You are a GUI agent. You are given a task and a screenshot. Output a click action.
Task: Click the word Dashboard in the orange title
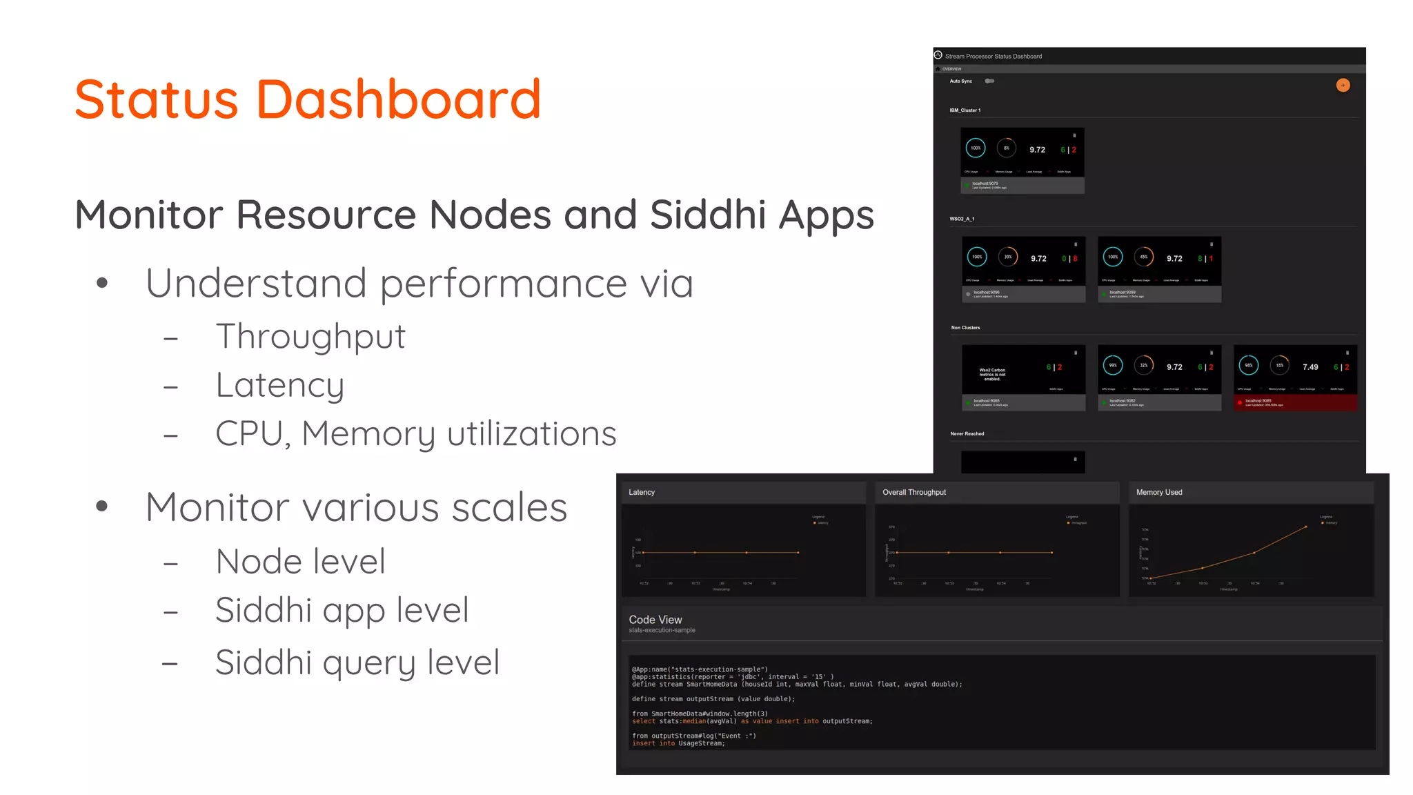pos(398,99)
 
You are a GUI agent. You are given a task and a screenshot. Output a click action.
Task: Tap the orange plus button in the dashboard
pos(1343,86)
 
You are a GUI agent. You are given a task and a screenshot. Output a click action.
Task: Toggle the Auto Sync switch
pos(989,81)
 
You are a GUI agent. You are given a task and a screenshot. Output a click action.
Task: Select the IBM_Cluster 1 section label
pos(965,110)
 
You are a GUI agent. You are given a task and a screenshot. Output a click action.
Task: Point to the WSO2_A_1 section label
pos(962,219)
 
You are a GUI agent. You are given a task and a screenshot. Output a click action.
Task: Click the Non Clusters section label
pos(965,328)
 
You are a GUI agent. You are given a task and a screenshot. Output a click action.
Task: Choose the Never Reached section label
pos(967,434)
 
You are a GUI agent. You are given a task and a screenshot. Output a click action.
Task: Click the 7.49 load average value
pos(1310,367)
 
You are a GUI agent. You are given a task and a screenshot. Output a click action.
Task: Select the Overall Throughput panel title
pos(914,493)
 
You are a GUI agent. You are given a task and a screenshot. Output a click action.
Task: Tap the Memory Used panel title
pos(1159,493)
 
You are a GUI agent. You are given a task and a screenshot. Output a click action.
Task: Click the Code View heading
pos(655,620)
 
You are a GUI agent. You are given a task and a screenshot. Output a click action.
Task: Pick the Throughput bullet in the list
pos(310,337)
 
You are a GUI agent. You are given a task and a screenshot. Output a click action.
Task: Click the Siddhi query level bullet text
pos(357,662)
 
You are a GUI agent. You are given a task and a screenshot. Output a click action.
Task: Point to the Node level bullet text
pos(300,561)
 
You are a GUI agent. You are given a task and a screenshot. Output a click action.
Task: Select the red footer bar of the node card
pos(1295,402)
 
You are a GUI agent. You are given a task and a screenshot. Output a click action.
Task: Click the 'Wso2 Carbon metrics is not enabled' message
pos(992,374)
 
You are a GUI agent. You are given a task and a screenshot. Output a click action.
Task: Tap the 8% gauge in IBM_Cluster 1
pos(1007,148)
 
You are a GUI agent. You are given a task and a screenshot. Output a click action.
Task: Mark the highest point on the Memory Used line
pos(1306,527)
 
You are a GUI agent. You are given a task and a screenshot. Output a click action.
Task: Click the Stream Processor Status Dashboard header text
pos(994,57)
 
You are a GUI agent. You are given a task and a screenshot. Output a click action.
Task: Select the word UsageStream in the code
pos(701,743)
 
